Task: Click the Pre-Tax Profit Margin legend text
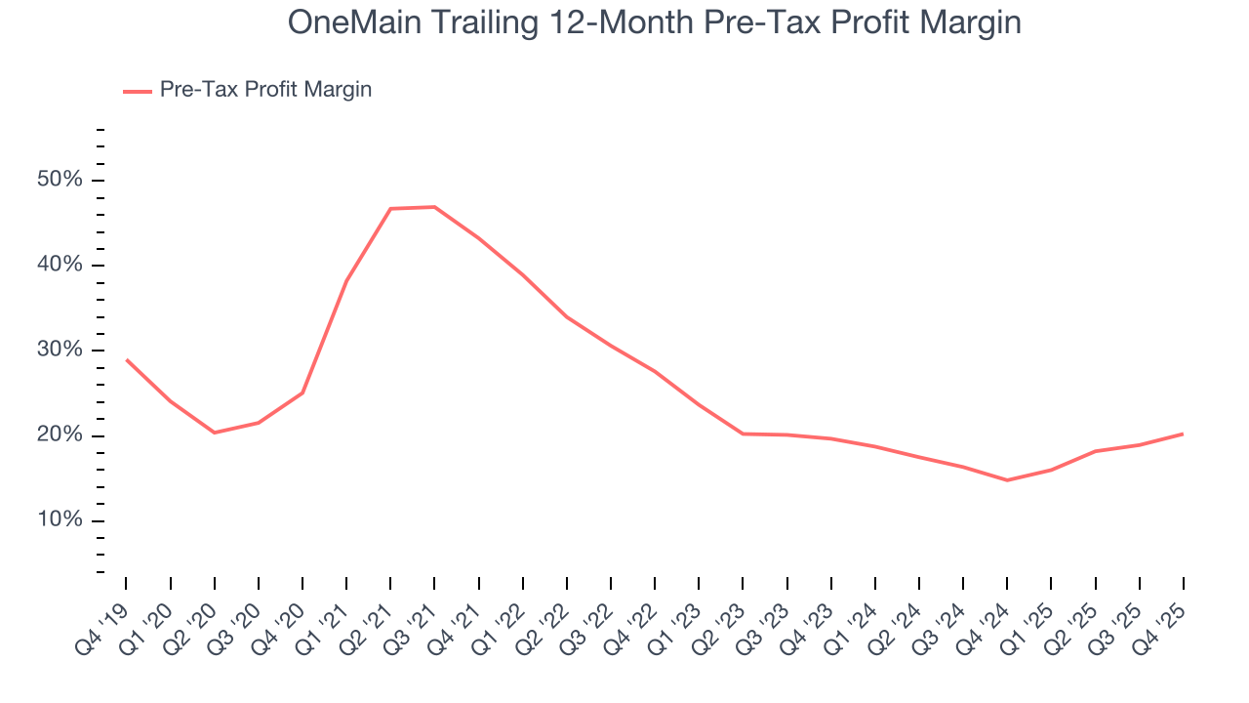pos(265,90)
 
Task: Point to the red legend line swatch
pos(137,91)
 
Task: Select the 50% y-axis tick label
pos(60,181)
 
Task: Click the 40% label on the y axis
pos(60,266)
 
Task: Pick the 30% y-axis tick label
pos(60,351)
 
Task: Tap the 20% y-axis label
pos(60,435)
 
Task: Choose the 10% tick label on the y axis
pos(60,520)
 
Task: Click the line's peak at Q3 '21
pos(434,207)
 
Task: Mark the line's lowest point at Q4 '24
pos(1007,480)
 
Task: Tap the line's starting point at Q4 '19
pos(127,359)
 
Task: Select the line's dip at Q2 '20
pos(215,433)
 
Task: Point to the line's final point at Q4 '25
pos(1183,434)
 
